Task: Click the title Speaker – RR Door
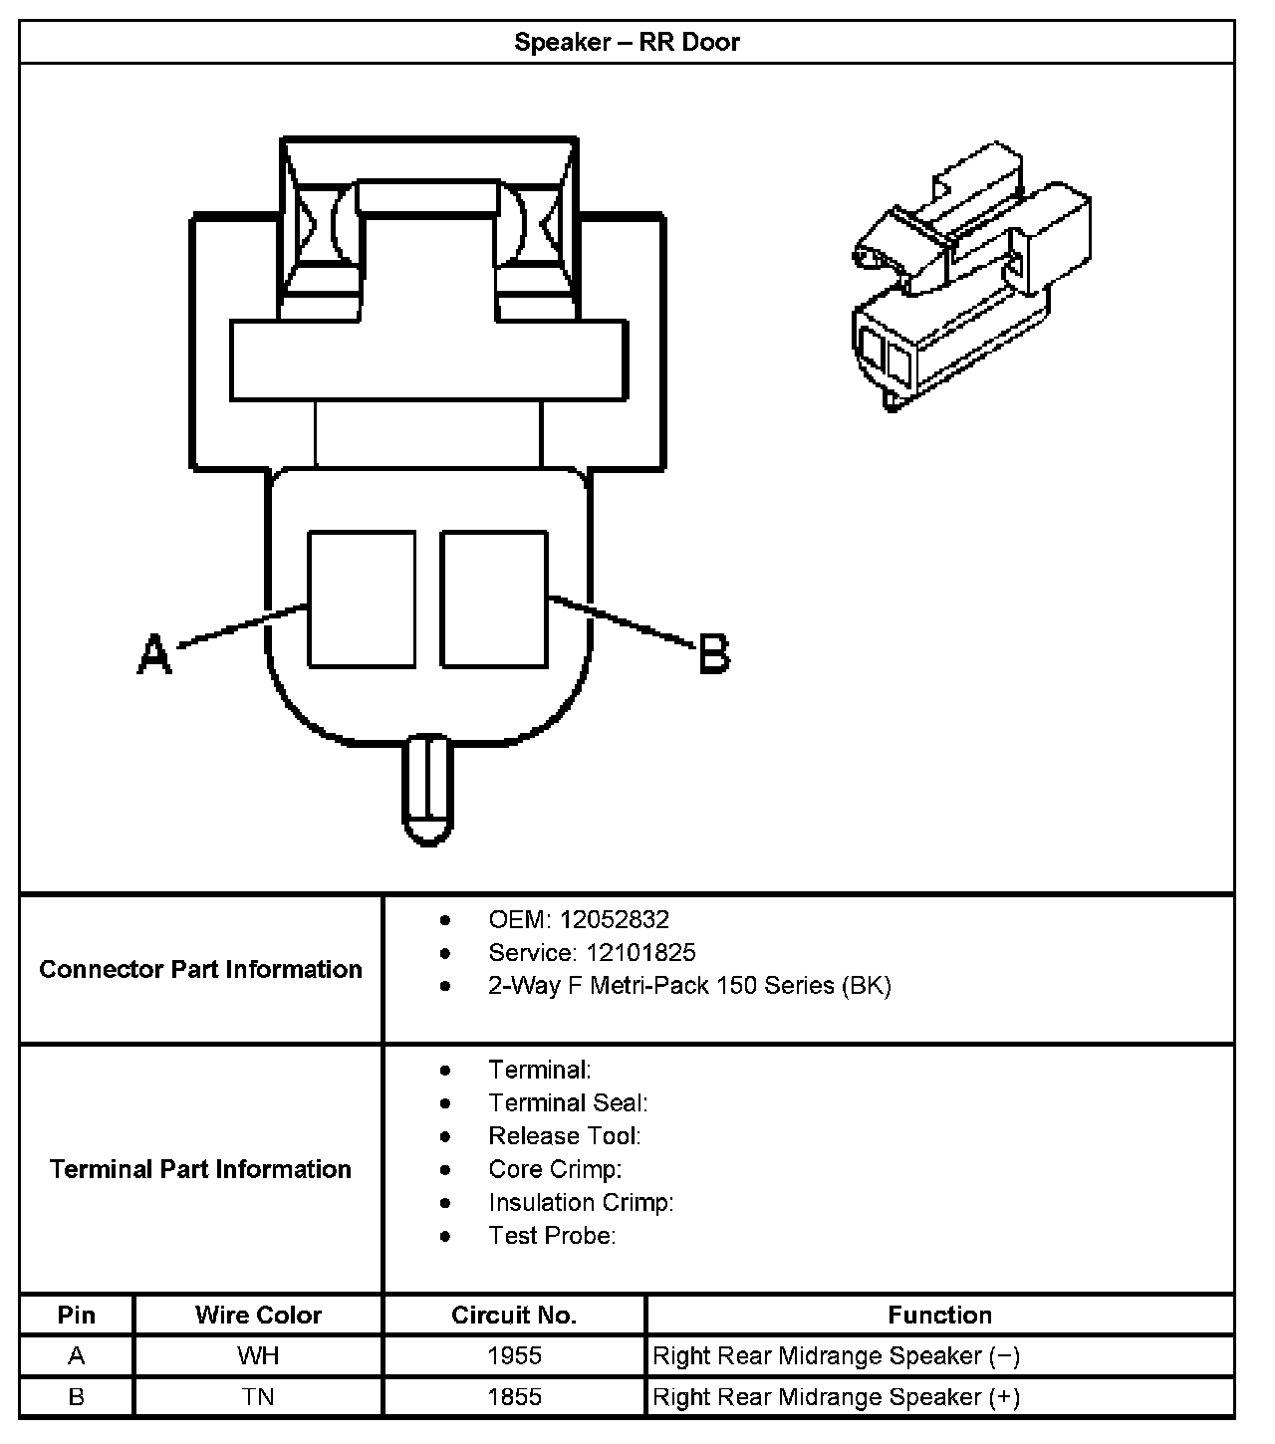point(627,42)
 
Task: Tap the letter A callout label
point(154,653)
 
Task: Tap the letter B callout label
point(714,654)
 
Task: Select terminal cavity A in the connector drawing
point(362,599)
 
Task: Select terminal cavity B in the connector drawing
point(494,599)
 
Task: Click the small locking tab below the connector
point(428,790)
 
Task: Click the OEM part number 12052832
point(614,919)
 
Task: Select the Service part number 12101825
point(640,952)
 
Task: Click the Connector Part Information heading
point(200,969)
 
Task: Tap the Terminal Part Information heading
point(200,1168)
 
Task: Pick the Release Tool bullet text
point(564,1135)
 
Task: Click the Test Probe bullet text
point(552,1235)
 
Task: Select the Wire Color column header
point(258,1315)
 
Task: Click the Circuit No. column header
point(514,1315)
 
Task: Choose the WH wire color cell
point(258,1355)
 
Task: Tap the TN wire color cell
point(258,1396)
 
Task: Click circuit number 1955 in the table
point(514,1355)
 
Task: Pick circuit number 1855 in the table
point(514,1396)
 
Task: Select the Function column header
point(939,1315)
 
